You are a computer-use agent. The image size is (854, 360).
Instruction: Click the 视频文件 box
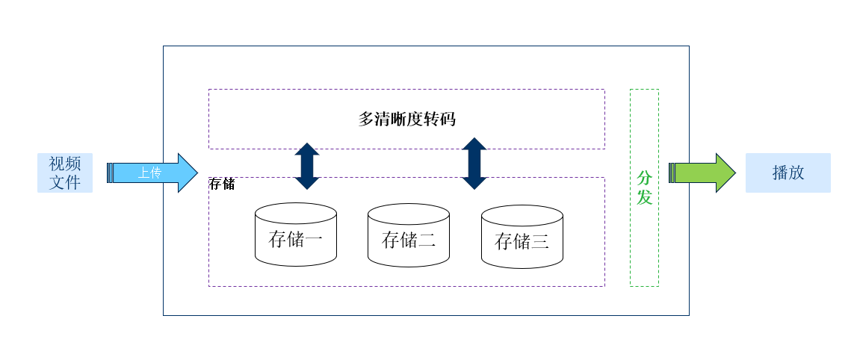[x=65, y=173]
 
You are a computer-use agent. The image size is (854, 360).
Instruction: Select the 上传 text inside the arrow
[x=149, y=173]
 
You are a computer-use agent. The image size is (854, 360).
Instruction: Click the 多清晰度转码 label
[x=407, y=119]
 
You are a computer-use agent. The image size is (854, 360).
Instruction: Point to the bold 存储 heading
[x=222, y=184]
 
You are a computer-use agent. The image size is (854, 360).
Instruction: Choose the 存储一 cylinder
[x=296, y=235]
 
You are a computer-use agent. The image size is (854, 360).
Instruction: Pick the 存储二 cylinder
[x=409, y=235]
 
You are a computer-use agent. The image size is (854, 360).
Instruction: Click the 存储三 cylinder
[x=522, y=236]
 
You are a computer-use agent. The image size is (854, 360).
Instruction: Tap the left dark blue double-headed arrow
[x=307, y=166]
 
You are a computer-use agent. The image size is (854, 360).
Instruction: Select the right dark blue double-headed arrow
[x=474, y=164]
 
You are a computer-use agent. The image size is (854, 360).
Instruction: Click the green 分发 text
[x=644, y=187]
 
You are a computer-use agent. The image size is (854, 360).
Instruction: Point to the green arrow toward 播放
[x=702, y=173]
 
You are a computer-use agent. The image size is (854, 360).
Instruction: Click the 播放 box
[x=788, y=173]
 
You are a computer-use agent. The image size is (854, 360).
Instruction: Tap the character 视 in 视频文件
[x=57, y=164]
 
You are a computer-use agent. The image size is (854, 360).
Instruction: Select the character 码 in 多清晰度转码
[x=448, y=119]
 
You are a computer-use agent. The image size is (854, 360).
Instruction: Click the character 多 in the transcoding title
[x=366, y=119]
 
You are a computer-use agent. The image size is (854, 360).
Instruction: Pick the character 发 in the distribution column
[x=644, y=197]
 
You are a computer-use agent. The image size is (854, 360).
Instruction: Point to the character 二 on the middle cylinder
[x=427, y=240]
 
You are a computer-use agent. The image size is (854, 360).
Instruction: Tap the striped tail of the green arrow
[x=672, y=173]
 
